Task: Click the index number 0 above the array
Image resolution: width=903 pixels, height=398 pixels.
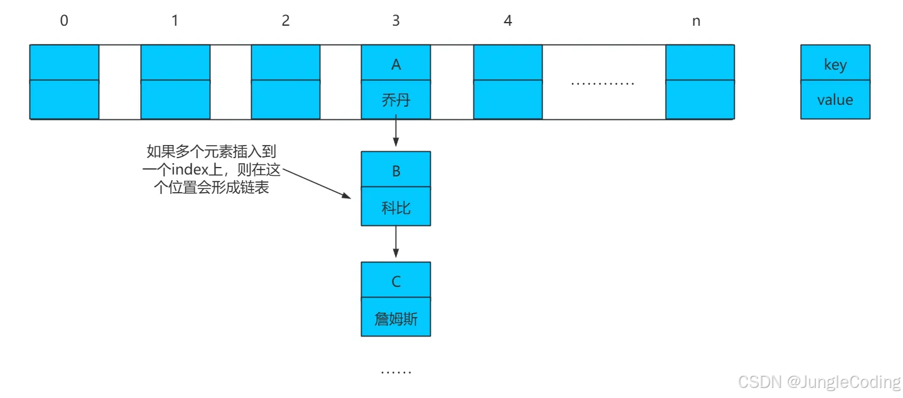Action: pos(64,21)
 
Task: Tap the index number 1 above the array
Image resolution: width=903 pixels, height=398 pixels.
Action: pos(175,21)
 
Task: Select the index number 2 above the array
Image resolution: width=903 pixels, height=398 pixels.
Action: pos(286,21)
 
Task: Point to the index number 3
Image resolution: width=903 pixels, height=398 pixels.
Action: pos(396,21)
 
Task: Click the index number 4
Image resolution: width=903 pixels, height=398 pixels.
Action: pos(507,21)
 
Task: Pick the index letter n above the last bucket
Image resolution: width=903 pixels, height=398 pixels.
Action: pos(696,21)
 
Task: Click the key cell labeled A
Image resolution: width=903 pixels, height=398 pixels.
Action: pos(396,63)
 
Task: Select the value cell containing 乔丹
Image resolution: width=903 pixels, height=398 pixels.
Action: pos(396,100)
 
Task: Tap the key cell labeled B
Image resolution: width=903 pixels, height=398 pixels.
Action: pos(396,170)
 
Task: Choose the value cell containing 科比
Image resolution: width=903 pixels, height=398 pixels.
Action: pos(396,207)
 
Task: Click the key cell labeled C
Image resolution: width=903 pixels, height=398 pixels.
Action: pos(396,281)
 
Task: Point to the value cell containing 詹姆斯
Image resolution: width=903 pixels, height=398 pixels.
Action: pos(396,318)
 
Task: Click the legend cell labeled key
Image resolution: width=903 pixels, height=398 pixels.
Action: pos(835,63)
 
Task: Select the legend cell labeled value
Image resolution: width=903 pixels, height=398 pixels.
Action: pos(835,100)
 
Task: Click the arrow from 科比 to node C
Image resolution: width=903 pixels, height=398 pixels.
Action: pos(396,242)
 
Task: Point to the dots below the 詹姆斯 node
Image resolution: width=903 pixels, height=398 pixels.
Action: pos(396,372)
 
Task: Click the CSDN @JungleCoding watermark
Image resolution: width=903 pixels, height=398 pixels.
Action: pos(819,382)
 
